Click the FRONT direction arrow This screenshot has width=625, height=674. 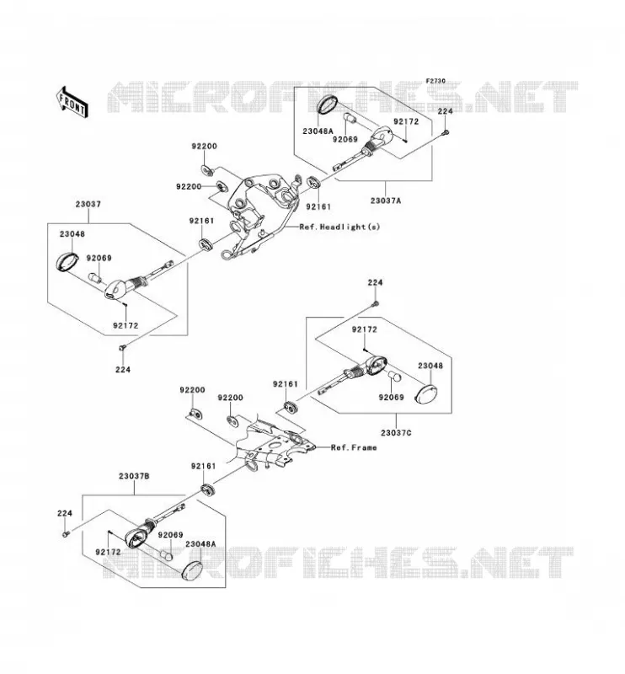click(72, 101)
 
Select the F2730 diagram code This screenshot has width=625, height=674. click(435, 81)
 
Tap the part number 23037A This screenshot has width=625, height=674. click(386, 201)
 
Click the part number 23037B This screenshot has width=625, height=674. click(134, 476)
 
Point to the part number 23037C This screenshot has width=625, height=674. click(396, 433)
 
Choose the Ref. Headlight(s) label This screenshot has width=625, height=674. click(339, 227)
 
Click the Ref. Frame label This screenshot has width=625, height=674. click(354, 447)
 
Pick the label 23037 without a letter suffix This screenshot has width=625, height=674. click(88, 204)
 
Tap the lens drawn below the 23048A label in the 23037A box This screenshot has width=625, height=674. click(327, 104)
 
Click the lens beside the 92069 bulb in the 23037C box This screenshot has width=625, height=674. click(425, 393)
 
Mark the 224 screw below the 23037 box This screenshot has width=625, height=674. click(122, 347)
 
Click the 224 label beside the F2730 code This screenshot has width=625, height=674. click(445, 111)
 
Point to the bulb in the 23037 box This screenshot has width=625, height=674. click(94, 278)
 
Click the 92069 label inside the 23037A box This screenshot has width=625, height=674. click(345, 139)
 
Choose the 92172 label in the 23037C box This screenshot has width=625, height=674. click(364, 329)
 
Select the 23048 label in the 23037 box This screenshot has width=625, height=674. click(72, 234)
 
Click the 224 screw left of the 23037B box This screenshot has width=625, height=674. click(66, 534)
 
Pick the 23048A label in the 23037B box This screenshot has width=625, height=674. click(200, 543)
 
